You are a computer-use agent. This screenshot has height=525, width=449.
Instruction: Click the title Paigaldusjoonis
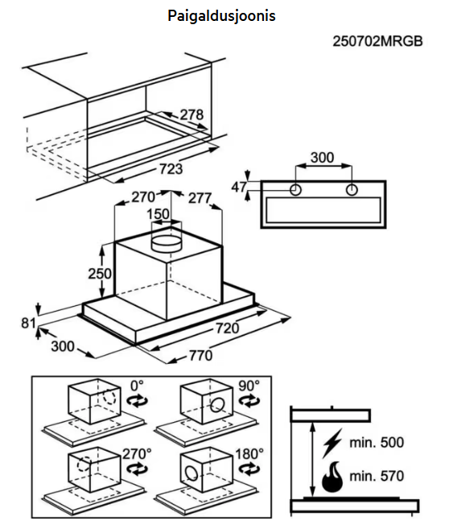[221, 16]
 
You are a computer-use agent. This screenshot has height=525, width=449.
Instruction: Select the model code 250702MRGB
[377, 42]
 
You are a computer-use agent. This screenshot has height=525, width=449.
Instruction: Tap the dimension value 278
[192, 115]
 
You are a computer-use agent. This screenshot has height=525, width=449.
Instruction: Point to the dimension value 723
[171, 169]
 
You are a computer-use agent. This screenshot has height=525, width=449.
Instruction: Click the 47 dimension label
[239, 187]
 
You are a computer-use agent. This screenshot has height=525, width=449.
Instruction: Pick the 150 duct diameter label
[159, 214]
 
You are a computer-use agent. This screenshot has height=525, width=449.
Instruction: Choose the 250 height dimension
[100, 274]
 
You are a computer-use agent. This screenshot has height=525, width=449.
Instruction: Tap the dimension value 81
[28, 323]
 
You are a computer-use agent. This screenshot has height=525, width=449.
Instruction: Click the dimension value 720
[227, 329]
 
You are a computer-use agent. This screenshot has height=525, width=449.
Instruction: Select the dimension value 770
[200, 355]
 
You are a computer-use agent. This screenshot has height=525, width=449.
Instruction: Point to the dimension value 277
[200, 198]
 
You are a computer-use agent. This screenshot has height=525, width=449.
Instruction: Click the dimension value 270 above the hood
[143, 197]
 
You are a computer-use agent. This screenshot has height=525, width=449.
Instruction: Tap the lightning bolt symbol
[332, 443]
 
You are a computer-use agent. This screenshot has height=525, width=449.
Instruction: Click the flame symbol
[332, 477]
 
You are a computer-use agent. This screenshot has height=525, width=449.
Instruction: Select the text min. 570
[377, 476]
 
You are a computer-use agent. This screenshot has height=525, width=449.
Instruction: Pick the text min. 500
[377, 443]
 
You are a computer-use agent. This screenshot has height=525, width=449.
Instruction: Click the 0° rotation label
[137, 386]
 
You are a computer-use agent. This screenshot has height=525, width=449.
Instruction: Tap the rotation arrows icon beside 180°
[249, 469]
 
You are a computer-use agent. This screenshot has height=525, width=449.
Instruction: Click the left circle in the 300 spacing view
[295, 190]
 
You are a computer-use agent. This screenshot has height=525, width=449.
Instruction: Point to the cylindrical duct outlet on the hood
[167, 243]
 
